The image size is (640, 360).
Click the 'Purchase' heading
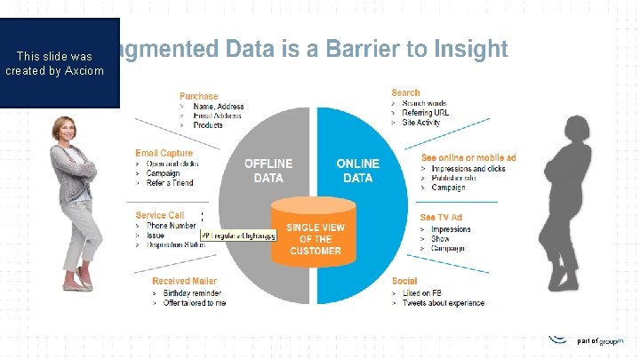pyautogui.click(x=199, y=96)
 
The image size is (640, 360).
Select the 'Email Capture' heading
pyautogui.click(x=164, y=154)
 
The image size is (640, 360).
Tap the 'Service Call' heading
pyautogui.click(x=160, y=215)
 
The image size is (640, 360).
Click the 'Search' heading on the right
pyautogui.click(x=405, y=92)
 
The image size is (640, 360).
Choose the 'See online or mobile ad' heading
pyautogui.click(x=468, y=158)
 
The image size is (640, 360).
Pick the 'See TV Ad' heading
pyautogui.click(x=441, y=218)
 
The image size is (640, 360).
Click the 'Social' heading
pyautogui.click(x=404, y=282)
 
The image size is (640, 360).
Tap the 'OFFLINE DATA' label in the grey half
pyautogui.click(x=268, y=171)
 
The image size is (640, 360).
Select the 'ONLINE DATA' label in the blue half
pyautogui.click(x=357, y=171)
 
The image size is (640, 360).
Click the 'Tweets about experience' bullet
pyautogui.click(x=444, y=303)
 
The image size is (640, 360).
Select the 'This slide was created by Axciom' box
pyautogui.click(x=60, y=62)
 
